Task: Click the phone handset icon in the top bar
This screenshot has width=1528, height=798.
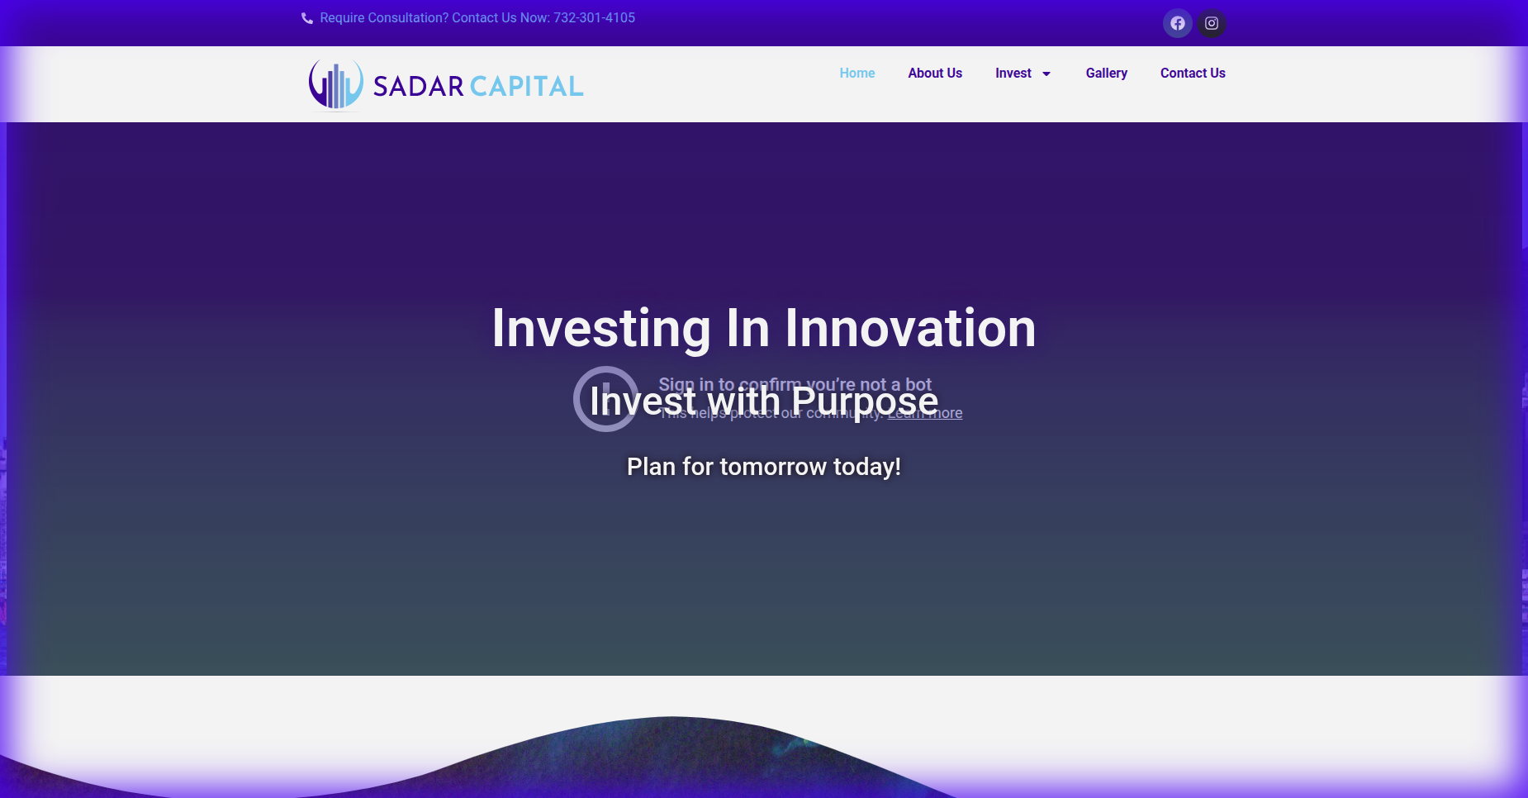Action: (x=307, y=18)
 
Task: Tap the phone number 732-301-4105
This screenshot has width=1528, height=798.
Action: (x=594, y=18)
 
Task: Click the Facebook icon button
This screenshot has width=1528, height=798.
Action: (x=1178, y=23)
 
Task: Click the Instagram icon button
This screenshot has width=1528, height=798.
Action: (x=1212, y=23)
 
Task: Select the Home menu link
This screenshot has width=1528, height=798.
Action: (x=857, y=73)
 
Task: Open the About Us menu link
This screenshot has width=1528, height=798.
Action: (x=934, y=73)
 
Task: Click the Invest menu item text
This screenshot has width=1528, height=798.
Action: (x=1013, y=73)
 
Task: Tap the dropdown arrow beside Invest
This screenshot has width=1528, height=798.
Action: (x=1046, y=74)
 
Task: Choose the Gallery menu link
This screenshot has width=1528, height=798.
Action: (x=1106, y=73)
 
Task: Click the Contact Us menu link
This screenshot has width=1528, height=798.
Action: (x=1192, y=73)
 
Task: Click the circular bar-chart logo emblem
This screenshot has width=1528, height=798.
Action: (x=335, y=84)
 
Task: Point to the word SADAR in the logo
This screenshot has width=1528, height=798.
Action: (x=418, y=86)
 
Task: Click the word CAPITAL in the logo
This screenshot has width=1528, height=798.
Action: (x=527, y=86)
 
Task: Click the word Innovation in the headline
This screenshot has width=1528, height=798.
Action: (x=910, y=328)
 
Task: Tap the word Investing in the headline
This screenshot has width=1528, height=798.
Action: (x=600, y=328)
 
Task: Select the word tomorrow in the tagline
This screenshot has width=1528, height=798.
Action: (x=773, y=467)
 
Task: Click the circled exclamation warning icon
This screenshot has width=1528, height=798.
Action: (x=605, y=398)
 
